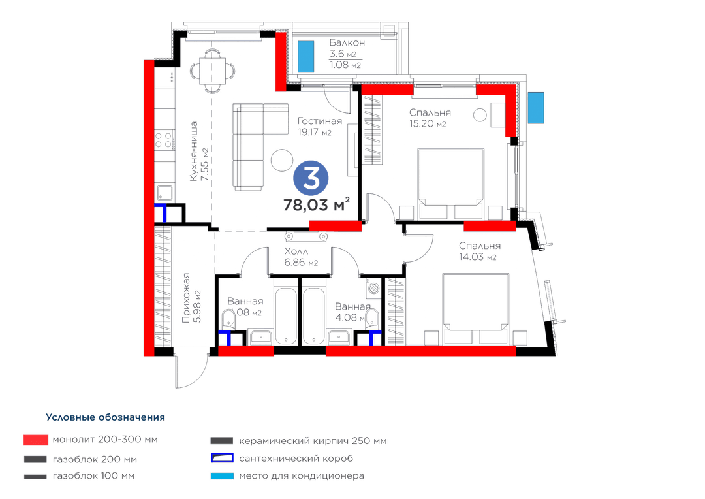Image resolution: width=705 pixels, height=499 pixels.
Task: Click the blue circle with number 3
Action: coord(311,178)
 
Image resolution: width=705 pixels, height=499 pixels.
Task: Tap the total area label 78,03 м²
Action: coord(317,204)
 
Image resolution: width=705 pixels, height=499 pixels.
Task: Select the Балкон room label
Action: coord(347,42)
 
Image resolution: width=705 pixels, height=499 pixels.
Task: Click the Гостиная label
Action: coord(320,121)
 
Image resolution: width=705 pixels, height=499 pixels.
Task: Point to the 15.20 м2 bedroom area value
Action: coord(427,123)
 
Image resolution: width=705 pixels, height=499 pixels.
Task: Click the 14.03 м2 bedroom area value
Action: coord(477,257)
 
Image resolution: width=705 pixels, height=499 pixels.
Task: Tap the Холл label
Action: coord(296,251)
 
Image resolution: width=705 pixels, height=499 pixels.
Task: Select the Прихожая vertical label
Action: coord(185,298)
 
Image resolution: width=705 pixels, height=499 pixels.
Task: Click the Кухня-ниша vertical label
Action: coord(194,151)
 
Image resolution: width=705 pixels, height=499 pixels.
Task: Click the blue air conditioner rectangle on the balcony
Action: coord(305,57)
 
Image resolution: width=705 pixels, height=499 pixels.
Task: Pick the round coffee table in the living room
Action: coord(282,160)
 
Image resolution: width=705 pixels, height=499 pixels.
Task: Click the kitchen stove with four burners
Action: coord(164,140)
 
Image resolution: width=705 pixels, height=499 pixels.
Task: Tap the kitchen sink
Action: coord(164,193)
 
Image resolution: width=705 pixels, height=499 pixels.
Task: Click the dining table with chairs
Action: coord(212,71)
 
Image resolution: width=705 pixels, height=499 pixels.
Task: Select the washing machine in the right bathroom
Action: coord(373,287)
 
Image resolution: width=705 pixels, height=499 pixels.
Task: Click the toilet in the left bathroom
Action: coord(228,319)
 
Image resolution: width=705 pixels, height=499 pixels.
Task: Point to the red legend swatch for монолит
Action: coord(36,440)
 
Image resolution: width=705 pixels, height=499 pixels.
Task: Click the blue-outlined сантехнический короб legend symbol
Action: coord(222,459)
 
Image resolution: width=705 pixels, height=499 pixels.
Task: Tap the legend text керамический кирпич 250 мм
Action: coord(313,441)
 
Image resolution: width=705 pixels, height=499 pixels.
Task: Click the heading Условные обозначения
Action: coord(105,417)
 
